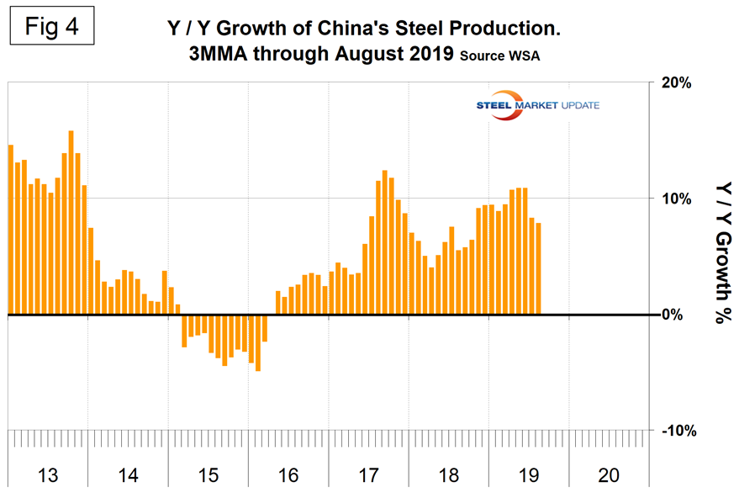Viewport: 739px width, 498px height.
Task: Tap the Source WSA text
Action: pos(503,58)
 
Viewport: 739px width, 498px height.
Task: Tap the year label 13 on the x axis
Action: pos(47,475)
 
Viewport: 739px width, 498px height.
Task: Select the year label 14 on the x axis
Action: pos(128,475)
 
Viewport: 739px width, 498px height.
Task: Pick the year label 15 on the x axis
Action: pos(208,475)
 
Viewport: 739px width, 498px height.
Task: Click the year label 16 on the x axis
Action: pos(288,475)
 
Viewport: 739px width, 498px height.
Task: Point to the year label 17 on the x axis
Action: pos(368,475)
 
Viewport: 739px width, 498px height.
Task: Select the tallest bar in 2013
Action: pos(71,223)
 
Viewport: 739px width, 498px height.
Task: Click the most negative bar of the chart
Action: pos(258,342)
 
